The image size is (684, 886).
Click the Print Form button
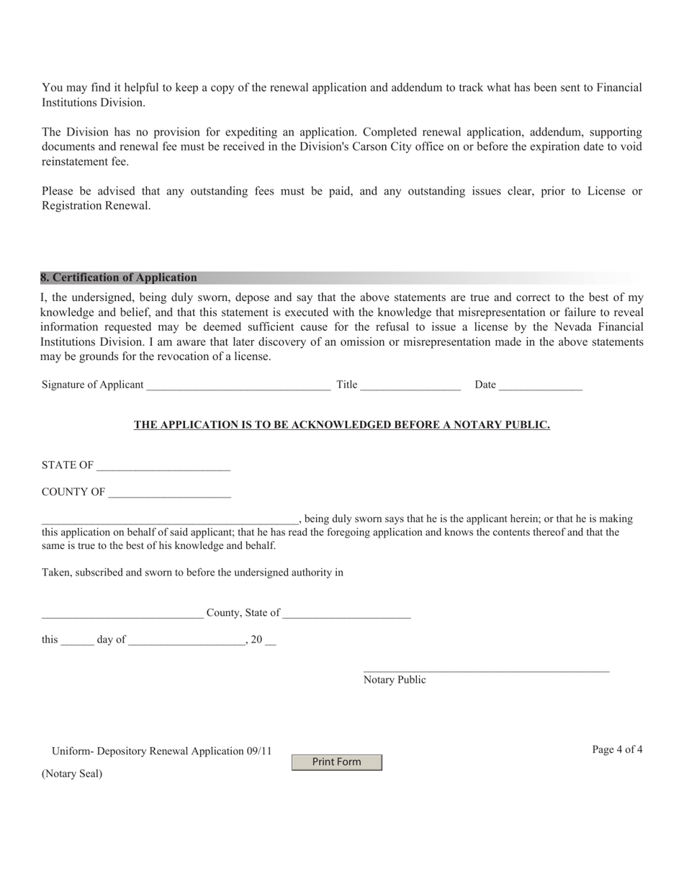(336, 762)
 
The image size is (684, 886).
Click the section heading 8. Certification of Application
(119, 277)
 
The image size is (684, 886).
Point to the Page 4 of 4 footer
(617, 749)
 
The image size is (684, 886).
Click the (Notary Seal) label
(72, 774)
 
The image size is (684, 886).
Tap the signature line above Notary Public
(486, 671)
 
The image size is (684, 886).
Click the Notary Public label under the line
(395, 680)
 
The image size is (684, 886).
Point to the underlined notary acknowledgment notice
(341, 425)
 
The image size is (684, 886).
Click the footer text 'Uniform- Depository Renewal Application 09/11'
(161, 751)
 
